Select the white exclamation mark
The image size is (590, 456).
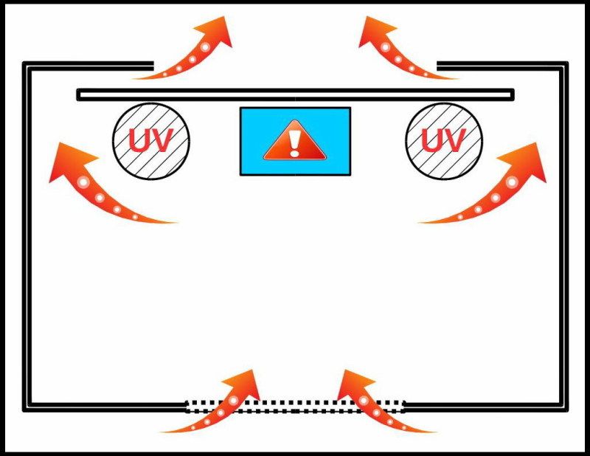coord(294,143)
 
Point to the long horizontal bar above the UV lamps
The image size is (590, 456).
coord(296,94)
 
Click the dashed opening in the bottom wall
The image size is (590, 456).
coord(296,407)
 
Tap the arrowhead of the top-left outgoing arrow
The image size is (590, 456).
coord(217,32)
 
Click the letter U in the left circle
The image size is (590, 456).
coord(139,140)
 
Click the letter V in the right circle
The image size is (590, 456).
coord(454,140)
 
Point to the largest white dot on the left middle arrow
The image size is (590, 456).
coord(83,183)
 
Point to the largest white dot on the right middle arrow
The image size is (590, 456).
coord(512,182)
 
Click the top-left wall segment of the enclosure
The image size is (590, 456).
coord(88,66)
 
